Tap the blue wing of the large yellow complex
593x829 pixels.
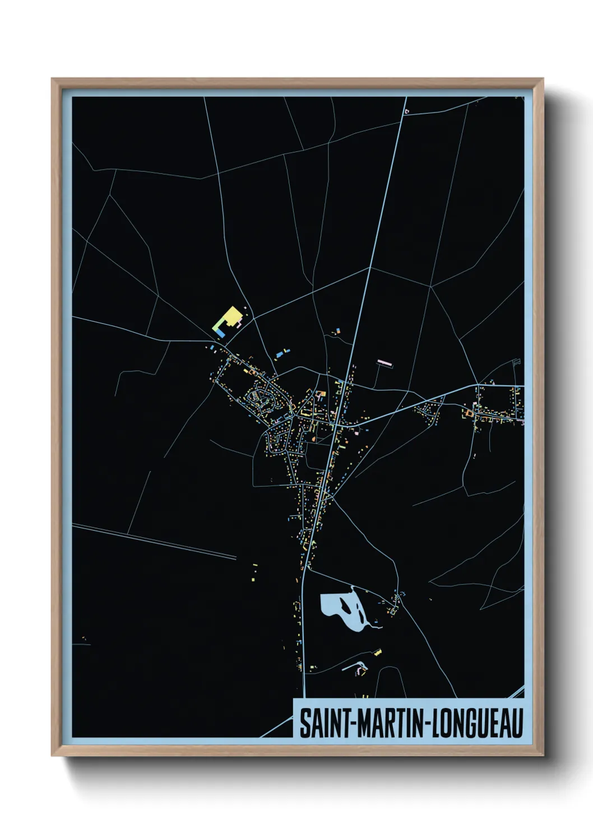point(221,333)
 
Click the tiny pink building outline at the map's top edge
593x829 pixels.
point(407,111)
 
